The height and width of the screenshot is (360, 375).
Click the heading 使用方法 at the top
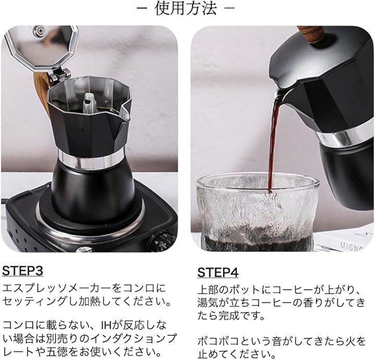[x=185, y=9]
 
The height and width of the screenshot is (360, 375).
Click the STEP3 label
[x=22, y=271]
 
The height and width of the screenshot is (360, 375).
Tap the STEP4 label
[x=218, y=272]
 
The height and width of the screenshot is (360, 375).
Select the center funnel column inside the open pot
[x=90, y=102]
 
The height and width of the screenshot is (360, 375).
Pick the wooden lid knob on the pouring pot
[x=311, y=34]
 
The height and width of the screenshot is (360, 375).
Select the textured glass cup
[x=258, y=212]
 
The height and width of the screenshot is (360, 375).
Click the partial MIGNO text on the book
[x=352, y=247]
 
